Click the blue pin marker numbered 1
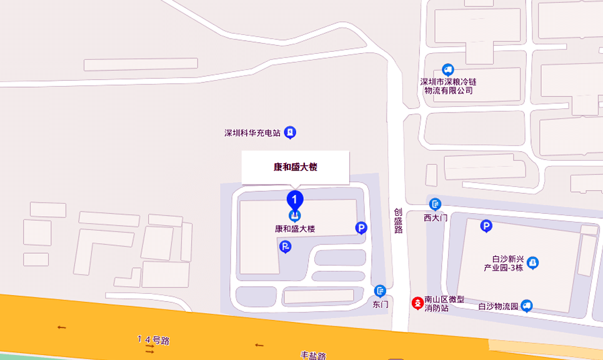(295, 199)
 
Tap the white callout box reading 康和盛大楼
(295, 167)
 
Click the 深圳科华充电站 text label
(252, 133)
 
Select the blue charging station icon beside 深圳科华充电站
(290, 132)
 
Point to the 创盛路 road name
(398, 221)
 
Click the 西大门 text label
(436, 217)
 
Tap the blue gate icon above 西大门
(436, 204)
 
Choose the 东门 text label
(381, 304)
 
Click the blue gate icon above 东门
(380, 291)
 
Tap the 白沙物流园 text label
(499, 306)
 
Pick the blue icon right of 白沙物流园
(527, 306)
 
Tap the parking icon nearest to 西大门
(486, 226)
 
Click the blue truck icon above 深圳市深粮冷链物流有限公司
(447, 69)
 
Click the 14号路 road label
(153, 340)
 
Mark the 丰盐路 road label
(313, 356)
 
